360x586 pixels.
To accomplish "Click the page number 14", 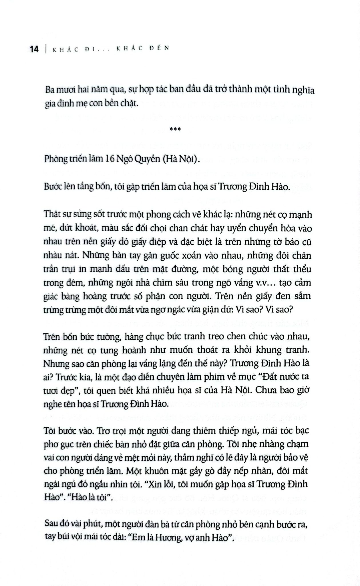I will tap(34, 49).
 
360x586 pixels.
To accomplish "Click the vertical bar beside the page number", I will tap(46, 49).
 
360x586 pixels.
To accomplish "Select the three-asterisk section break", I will tap(175, 129).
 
